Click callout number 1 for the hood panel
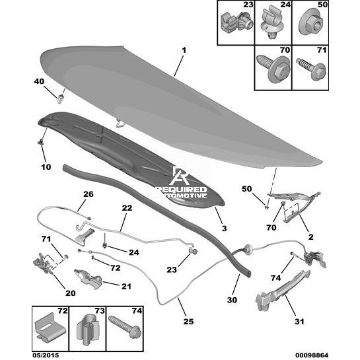tap(184, 50)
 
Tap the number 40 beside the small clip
tap(39, 81)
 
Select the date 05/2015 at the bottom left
tap(46, 355)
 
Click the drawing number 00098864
tap(312, 355)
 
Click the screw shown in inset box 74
tap(126, 327)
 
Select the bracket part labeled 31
tap(282, 290)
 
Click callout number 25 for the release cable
tap(188, 321)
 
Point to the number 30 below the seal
tap(232, 300)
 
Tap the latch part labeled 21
tap(88, 277)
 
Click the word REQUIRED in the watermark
tap(181, 190)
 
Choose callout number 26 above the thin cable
tap(89, 194)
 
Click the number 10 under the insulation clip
tap(46, 167)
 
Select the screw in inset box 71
tap(310, 68)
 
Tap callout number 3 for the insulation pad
tap(224, 229)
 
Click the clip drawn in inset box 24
tap(272, 23)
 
